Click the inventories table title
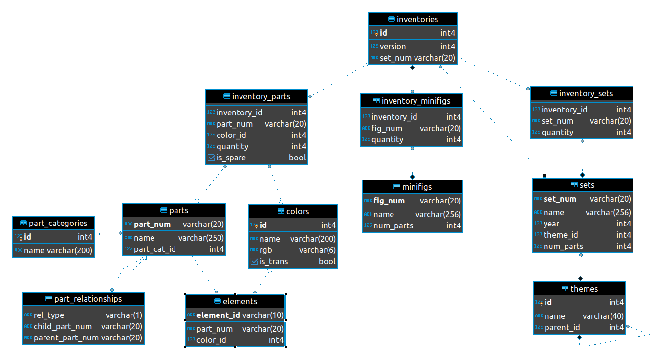pyautogui.click(x=417, y=19)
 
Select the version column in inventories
pyautogui.click(x=393, y=46)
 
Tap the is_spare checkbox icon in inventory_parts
pyautogui.click(x=211, y=158)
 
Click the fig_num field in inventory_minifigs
pyautogui.click(x=387, y=129)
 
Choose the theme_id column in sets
pyautogui.click(x=561, y=235)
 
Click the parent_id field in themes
pyautogui.click(x=562, y=327)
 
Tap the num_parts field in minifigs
pyautogui.click(x=393, y=225)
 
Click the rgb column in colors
pyautogui.click(x=265, y=250)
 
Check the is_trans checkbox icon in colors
pyautogui.click(x=254, y=261)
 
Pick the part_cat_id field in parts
pyautogui.click(x=154, y=249)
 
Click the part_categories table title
pyautogui.click(x=58, y=224)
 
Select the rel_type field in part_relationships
pyautogui.click(x=49, y=315)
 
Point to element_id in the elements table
pyautogui.click(x=218, y=315)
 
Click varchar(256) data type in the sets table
pyautogui.click(x=608, y=212)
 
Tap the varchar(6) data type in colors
pyautogui.click(x=317, y=250)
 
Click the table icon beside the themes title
pyautogui.click(x=565, y=289)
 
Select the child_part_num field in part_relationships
pyautogui.click(x=63, y=326)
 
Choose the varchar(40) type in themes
pyautogui.click(x=603, y=316)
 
